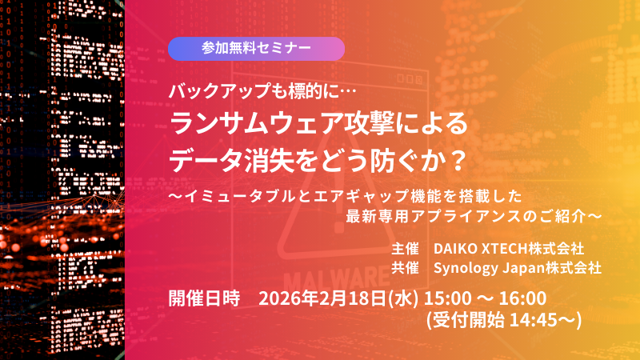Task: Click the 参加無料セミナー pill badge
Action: (x=256, y=49)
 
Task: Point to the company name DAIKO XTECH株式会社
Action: (x=509, y=247)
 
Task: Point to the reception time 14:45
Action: (x=543, y=319)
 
